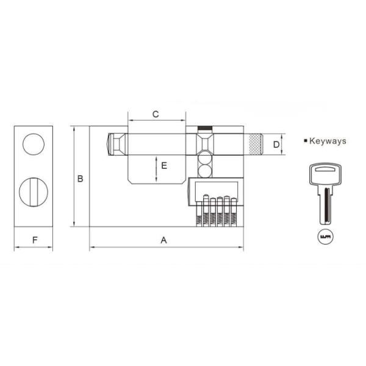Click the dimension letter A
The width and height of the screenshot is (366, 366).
click(163, 240)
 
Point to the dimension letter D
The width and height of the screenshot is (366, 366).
click(276, 145)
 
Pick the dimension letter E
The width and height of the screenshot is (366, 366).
click(163, 165)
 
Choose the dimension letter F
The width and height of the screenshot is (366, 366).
click(34, 240)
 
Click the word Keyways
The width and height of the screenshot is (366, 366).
click(328, 141)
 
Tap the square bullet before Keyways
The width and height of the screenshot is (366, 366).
click(306, 141)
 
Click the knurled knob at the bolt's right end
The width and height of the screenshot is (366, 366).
click(254, 145)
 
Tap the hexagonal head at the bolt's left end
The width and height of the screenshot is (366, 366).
click(113, 145)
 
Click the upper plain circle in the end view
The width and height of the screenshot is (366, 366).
click(34, 145)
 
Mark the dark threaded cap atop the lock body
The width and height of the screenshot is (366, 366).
click(205, 129)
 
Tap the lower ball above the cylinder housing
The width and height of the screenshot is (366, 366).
click(205, 171)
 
